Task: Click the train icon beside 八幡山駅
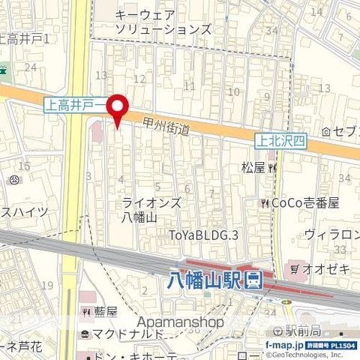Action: (x=254, y=281)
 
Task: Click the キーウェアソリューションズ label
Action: (x=163, y=21)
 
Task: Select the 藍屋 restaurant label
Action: (x=106, y=311)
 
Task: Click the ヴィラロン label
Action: (x=331, y=235)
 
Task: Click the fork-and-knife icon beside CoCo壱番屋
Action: (x=264, y=203)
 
